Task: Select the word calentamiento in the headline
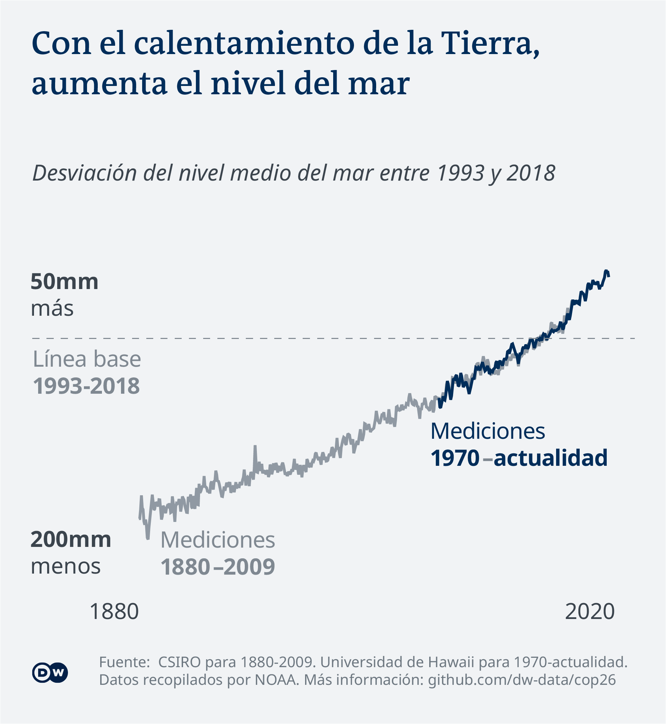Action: point(245,44)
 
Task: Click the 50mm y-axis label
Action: point(64,282)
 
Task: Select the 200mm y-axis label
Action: point(71,540)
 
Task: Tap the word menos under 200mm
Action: point(66,566)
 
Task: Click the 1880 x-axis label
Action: point(114,612)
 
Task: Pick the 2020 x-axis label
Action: point(590,612)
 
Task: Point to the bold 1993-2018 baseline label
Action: point(86,386)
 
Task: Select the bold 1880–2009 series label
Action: point(218,567)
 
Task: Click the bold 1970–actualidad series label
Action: point(519,458)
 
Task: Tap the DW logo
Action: point(50,672)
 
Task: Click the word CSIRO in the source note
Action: point(179,662)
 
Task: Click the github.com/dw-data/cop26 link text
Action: point(522,680)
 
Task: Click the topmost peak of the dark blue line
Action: point(606,271)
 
